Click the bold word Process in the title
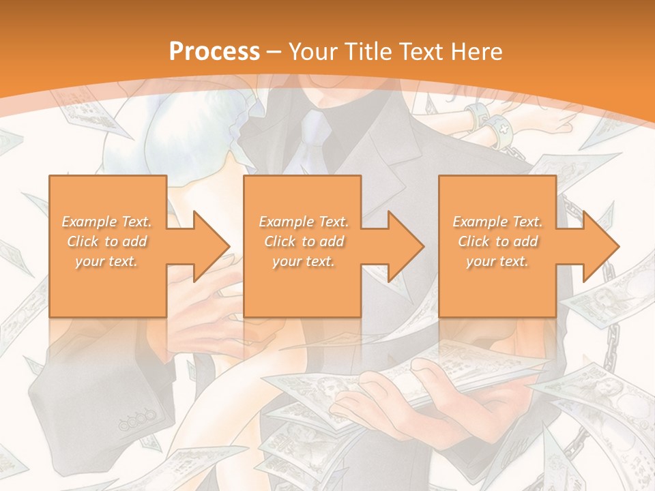click(214, 51)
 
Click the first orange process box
click(108, 246)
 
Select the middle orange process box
click(302, 246)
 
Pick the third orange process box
click(497, 246)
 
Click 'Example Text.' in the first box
click(107, 222)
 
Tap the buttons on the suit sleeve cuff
click(136, 421)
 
